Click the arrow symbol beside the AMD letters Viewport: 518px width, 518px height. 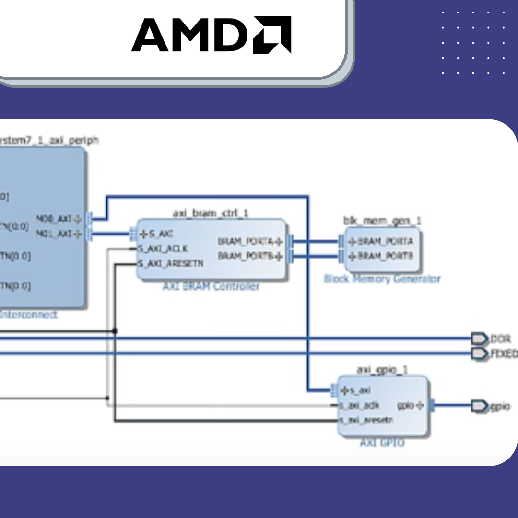272,35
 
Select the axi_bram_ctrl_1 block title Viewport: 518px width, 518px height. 211,213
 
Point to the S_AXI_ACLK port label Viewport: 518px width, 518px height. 163,249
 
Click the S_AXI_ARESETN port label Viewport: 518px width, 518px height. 170,264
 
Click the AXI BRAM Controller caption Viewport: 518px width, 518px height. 211,286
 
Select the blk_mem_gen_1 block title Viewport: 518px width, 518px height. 382,221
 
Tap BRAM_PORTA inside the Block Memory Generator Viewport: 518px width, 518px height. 381,241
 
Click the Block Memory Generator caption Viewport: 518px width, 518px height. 382,279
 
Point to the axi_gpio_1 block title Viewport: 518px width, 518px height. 382,370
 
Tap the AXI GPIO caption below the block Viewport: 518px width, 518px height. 382,443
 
